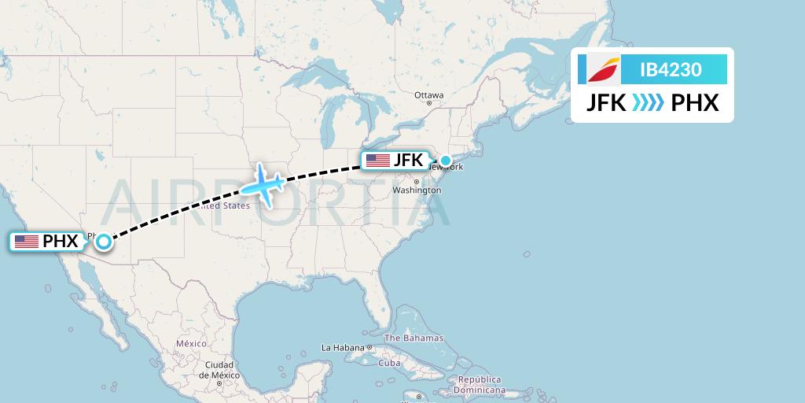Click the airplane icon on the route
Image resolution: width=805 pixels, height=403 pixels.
pos(263,186)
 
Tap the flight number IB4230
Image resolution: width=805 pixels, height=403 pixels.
pos(671,70)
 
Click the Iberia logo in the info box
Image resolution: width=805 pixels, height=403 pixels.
pos(603,70)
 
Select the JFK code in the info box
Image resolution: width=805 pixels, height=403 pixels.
pos(606,103)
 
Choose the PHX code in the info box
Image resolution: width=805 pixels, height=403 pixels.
pos(695,103)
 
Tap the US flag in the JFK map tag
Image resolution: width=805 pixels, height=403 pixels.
pos(378,161)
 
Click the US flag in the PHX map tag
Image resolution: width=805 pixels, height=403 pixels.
pos(27,242)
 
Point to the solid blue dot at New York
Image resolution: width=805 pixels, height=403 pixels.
pos(446,161)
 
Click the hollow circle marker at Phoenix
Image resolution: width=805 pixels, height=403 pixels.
pos(103,242)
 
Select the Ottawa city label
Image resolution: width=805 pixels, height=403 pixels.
pos(429,95)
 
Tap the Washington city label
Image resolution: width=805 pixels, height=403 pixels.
pos(417,190)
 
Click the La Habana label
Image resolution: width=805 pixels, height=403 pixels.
pos(344,347)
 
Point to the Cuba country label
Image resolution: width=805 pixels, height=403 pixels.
pos(390,363)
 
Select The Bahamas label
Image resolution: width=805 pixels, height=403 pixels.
pos(414,338)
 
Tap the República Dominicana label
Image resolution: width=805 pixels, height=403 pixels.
pos(482,385)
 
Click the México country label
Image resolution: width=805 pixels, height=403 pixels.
pos(191,344)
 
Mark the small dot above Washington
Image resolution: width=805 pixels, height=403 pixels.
pos(417,183)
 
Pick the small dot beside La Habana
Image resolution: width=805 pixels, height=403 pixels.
pos(369,347)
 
